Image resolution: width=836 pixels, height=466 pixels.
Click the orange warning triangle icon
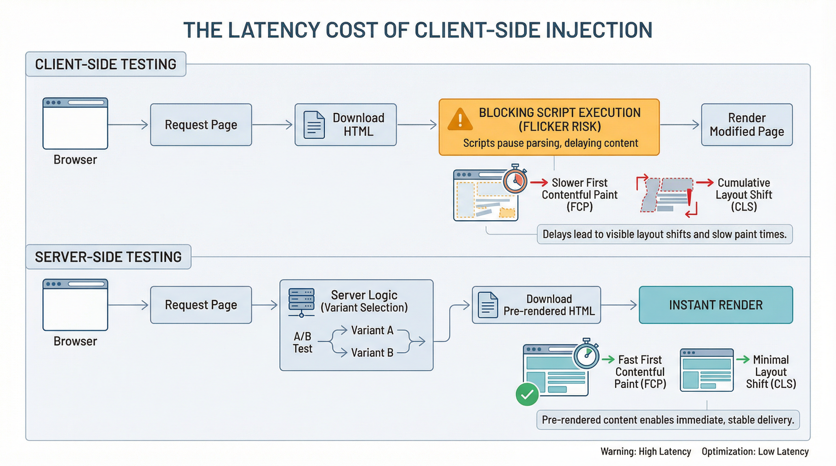[x=460, y=120]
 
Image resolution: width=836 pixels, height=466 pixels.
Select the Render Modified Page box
[x=746, y=125]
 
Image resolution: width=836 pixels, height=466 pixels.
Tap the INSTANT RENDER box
[x=716, y=305]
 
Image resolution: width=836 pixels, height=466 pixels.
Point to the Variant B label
[x=372, y=353]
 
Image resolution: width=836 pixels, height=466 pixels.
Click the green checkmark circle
[x=527, y=394]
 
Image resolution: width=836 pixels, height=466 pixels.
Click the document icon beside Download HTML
[x=314, y=125]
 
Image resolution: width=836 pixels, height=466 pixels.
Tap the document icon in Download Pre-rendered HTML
[x=488, y=305]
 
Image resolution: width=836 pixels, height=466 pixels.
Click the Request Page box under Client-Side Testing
[x=201, y=125]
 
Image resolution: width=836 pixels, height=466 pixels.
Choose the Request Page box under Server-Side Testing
[x=201, y=305]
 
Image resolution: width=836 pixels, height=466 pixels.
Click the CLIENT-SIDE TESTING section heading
[x=106, y=64]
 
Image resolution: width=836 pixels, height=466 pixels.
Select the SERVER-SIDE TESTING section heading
[x=108, y=257]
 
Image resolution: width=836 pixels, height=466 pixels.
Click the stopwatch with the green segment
[x=586, y=355]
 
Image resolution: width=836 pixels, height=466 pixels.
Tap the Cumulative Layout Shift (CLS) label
[x=744, y=195]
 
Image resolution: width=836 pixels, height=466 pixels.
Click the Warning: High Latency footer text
[x=646, y=451]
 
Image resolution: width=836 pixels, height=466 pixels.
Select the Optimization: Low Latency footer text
[x=755, y=451]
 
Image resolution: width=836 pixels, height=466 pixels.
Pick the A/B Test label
[x=303, y=343]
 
